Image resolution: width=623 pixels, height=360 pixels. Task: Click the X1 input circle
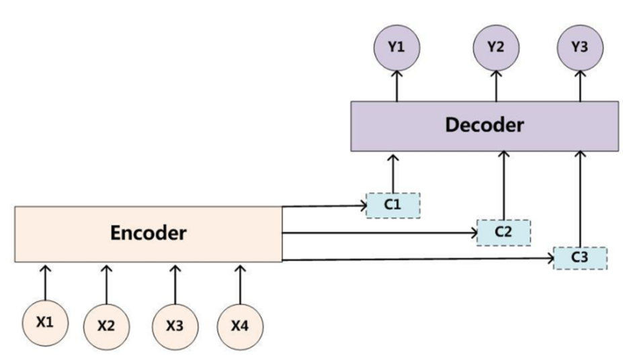pos(45,321)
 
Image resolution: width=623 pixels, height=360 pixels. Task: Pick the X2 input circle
pos(106,326)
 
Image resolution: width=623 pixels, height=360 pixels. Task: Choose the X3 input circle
pos(175,326)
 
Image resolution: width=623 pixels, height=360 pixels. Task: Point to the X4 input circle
pos(240,326)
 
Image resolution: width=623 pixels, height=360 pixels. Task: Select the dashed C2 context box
pos(503,231)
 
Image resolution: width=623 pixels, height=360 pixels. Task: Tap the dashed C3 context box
pos(579,258)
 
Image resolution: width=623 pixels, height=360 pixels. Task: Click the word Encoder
pos(148,233)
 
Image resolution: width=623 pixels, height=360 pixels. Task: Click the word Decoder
pos(484,126)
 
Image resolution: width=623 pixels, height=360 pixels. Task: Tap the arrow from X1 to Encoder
pos(45,282)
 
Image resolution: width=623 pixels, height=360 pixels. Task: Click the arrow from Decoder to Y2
pos(496,87)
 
